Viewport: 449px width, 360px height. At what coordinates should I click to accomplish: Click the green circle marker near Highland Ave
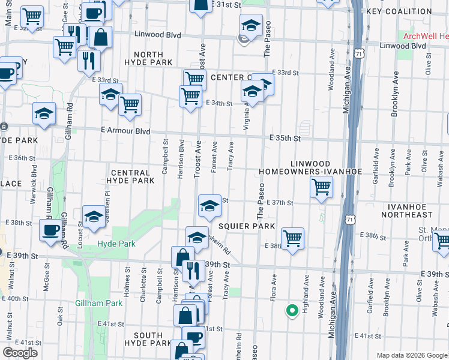(x=292, y=310)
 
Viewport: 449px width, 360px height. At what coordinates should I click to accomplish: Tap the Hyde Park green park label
(x=116, y=244)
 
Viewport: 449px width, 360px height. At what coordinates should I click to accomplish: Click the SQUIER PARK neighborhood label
(x=246, y=226)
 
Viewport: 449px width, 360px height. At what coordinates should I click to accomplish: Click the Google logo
(x=20, y=353)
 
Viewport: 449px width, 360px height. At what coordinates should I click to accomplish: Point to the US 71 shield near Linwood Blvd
(x=359, y=54)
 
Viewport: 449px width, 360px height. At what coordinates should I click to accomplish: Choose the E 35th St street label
(x=285, y=138)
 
